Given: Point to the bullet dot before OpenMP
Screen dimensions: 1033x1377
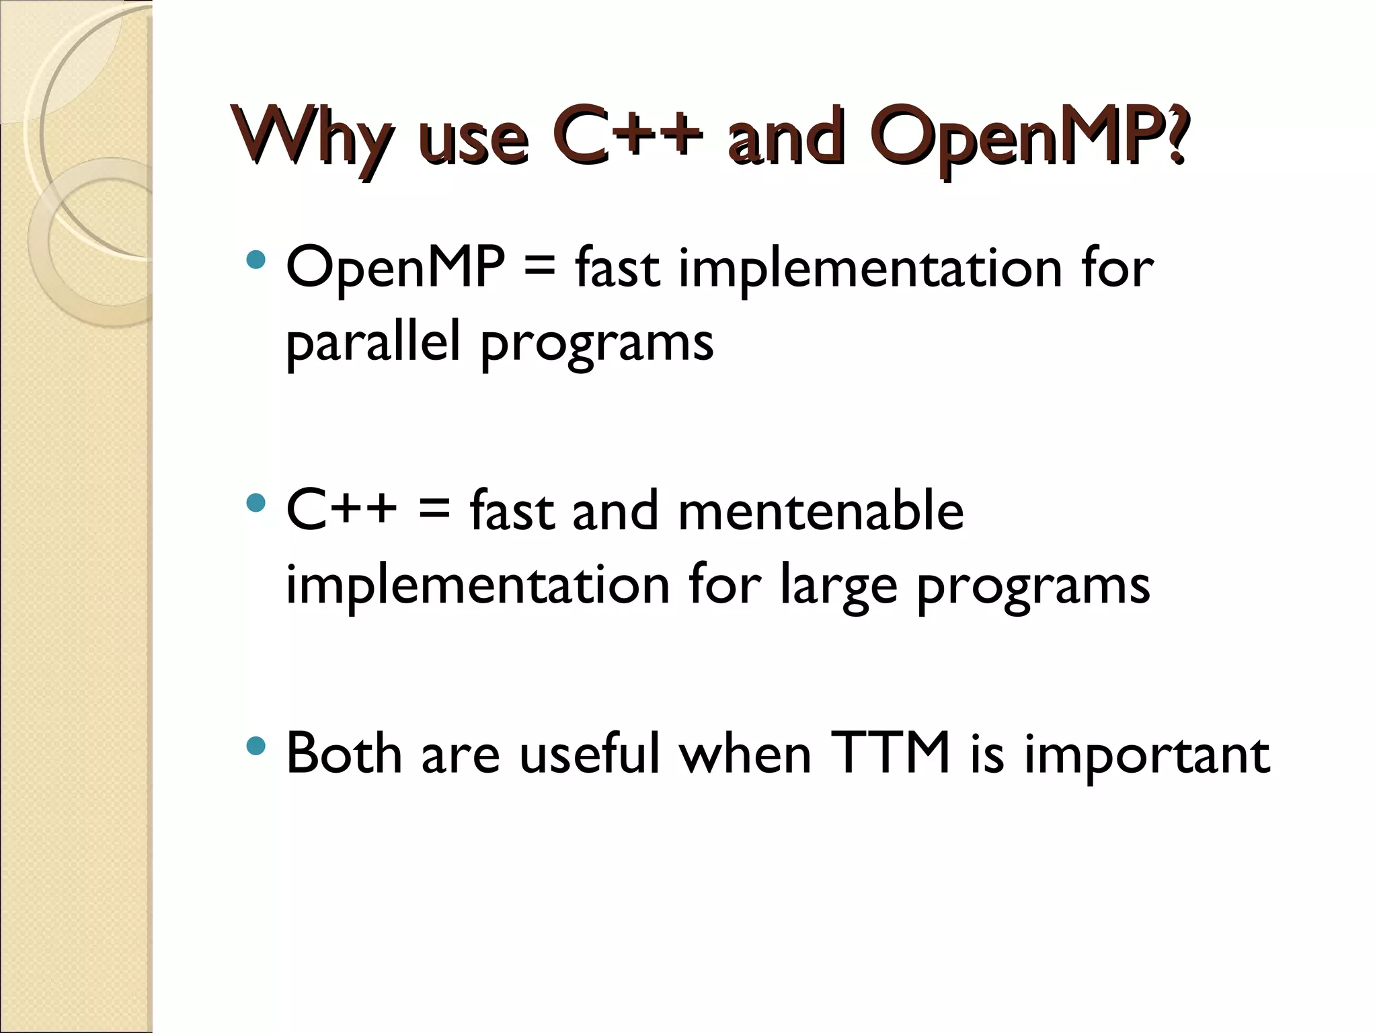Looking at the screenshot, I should tap(255, 260).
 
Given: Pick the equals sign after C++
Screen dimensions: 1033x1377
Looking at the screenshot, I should tap(433, 511).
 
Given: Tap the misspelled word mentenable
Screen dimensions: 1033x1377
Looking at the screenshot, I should tap(820, 511).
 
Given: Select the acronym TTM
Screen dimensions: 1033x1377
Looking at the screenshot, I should tap(890, 753).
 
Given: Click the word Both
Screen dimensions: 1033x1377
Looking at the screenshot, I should tap(344, 753).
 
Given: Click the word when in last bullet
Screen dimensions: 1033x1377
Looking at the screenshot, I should tap(745, 753).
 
